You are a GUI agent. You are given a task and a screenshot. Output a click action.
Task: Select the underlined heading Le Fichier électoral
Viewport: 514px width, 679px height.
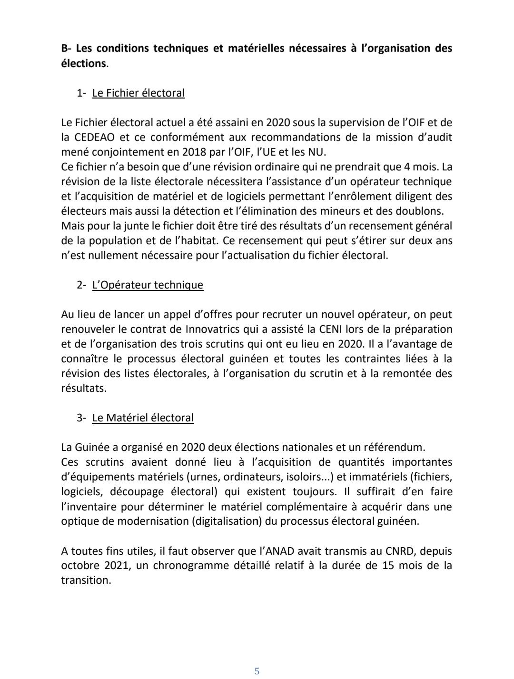[138, 93]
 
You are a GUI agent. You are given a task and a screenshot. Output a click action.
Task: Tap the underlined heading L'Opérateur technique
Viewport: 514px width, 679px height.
[148, 285]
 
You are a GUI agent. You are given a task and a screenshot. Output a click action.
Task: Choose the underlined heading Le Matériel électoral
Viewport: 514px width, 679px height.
[143, 418]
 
